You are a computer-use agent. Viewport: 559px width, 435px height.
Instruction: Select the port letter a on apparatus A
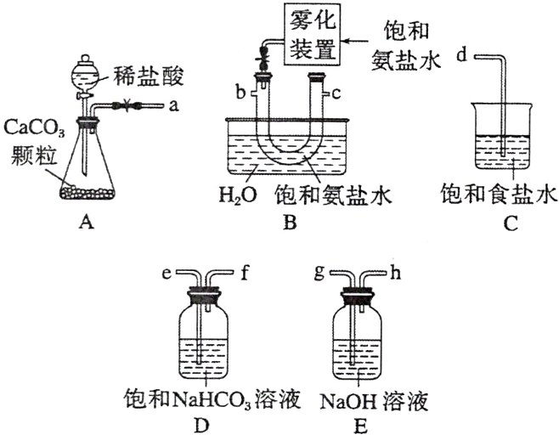point(173,107)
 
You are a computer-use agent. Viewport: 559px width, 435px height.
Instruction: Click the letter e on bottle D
point(167,274)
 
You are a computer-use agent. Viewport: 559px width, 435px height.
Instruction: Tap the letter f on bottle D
point(243,274)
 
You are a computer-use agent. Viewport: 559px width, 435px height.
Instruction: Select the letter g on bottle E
point(319,274)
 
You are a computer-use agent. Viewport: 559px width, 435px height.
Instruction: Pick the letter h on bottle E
point(396,274)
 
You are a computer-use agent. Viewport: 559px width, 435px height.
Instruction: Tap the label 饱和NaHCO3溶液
point(212,399)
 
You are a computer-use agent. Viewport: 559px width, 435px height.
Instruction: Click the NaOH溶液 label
point(368,399)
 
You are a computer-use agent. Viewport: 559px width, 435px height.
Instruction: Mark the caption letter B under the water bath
point(290,223)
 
